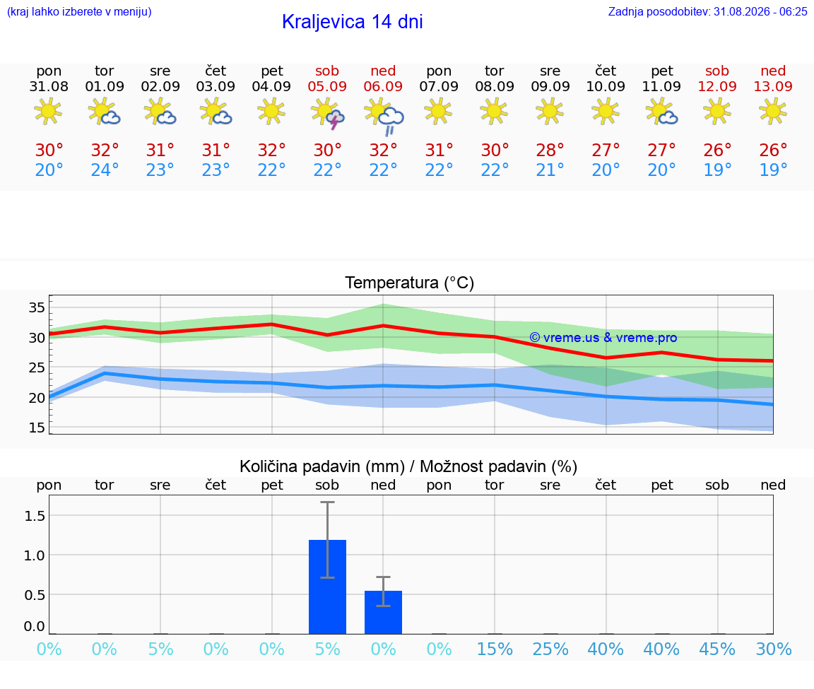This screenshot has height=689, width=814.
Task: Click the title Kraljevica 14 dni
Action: click(353, 22)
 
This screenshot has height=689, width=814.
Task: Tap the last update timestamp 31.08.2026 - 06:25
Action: click(760, 11)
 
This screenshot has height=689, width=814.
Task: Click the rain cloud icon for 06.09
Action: click(384, 115)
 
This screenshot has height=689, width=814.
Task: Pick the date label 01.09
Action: click(105, 86)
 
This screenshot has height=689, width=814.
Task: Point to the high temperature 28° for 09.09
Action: click(550, 150)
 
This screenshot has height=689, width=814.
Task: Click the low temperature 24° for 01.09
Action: click(105, 170)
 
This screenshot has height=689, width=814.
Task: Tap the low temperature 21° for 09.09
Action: click(550, 170)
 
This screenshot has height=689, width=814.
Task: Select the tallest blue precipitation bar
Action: click(328, 587)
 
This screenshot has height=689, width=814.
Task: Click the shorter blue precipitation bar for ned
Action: click(383, 612)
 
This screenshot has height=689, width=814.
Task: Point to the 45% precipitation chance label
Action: click(717, 649)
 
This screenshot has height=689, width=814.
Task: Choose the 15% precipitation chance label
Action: click(495, 649)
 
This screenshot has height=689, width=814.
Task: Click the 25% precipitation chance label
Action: click(550, 649)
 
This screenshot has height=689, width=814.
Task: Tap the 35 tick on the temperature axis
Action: click(37, 307)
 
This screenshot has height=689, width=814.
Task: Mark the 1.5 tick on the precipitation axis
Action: click(35, 516)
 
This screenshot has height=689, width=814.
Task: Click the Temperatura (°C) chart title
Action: click(410, 283)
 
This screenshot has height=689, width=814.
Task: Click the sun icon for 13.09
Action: click(773, 111)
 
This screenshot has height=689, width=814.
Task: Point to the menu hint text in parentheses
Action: click(79, 11)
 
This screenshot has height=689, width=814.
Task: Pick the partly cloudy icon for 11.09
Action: click(662, 112)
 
